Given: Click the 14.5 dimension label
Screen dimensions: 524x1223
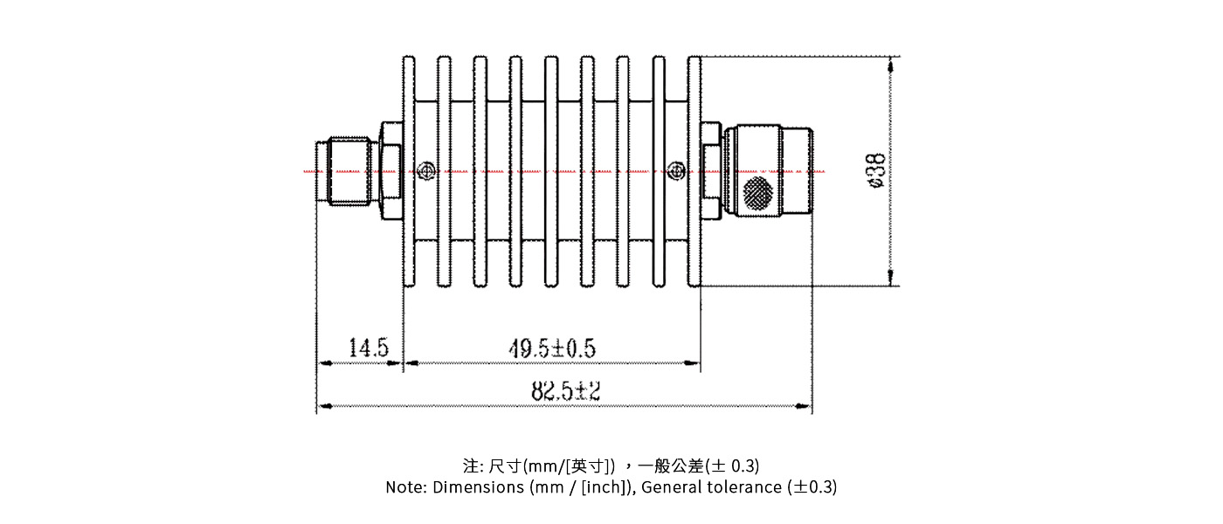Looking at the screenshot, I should pyautogui.click(x=369, y=348).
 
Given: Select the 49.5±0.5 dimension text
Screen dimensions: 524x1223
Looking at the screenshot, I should pyautogui.click(x=552, y=348).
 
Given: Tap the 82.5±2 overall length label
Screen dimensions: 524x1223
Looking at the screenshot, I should pyautogui.click(x=566, y=391).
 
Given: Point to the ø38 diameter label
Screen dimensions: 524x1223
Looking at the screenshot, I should pyautogui.click(x=876, y=171).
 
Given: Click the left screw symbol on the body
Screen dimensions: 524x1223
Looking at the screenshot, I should pyautogui.click(x=426, y=171).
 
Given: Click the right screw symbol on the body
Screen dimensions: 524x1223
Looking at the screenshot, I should pyautogui.click(x=674, y=171).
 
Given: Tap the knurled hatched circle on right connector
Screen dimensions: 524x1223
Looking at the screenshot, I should pyautogui.click(x=757, y=193).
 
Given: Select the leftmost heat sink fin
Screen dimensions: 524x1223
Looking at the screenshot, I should pyautogui.click(x=408, y=171).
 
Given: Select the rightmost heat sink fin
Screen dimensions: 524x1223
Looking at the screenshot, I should pyautogui.click(x=694, y=171).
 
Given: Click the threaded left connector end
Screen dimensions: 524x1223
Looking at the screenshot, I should pyautogui.click(x=346, y=171).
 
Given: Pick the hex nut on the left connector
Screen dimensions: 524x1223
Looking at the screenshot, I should pyautogui.click(x=389, y=171).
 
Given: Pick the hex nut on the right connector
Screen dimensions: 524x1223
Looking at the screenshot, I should pyautogui.click(x=711, y=171).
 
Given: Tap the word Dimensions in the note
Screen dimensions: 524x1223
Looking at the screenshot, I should pyautogui.click(x=478, y=487).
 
